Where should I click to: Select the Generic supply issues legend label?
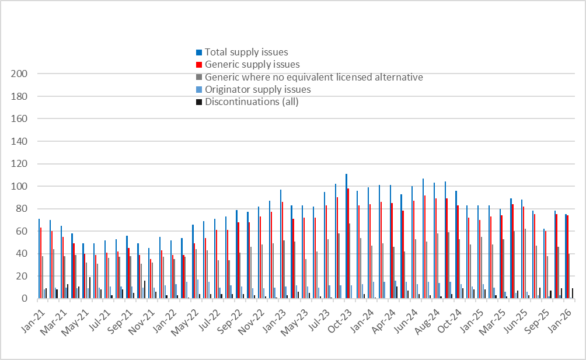[x=252, y=64]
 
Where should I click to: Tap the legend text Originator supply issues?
[x=257, y=89]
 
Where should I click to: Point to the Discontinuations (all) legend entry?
[x=252, y=102]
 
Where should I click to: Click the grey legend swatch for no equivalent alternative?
[x=199, y=78]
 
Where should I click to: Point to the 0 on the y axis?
[x=26, y=299]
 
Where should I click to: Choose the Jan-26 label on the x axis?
[x=564, y=314]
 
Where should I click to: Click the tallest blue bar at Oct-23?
[x=346, y=236]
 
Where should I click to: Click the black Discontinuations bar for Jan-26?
[x=573, y=293]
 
